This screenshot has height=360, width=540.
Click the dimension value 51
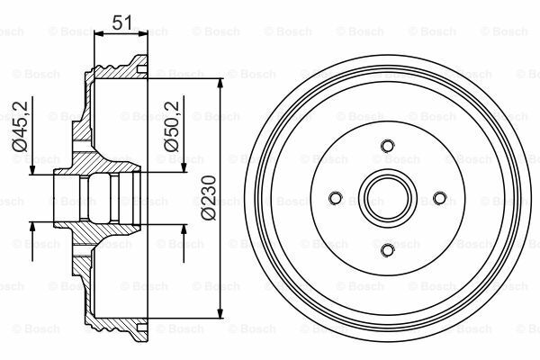point(121,22)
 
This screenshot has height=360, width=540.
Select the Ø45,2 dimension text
point(17,133)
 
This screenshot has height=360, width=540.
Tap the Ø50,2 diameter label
point(167,133)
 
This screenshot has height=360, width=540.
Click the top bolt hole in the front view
point(387,146)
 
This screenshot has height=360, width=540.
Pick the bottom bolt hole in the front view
point(387,250)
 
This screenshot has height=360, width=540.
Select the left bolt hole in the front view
point(335,198)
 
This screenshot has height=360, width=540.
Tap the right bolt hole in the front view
point(439,198)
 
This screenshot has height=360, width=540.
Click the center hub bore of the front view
point(387,198)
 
